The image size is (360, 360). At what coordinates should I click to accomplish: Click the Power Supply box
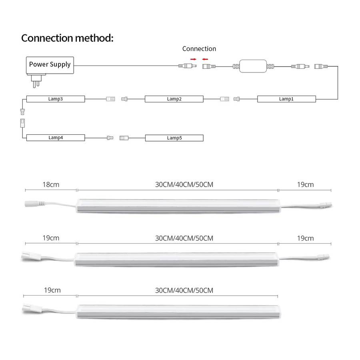pos(50,65)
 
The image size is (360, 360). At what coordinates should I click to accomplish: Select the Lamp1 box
pos(286,99)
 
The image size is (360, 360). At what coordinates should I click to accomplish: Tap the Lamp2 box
pos(174,99)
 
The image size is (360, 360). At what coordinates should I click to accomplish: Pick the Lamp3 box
pos(56,99)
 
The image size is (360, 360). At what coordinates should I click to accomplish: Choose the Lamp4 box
pos(56,138)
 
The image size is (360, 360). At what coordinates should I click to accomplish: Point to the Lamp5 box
pos(174,138)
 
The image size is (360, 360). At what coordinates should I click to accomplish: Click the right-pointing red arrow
pos(193,59)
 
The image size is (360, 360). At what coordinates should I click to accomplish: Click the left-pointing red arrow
pos(205,59)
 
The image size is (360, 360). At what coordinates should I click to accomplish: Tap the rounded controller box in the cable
pos(253,66)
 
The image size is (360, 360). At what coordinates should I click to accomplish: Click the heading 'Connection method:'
pos(67,38)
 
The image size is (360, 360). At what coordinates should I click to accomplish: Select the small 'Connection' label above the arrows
pos(199,49)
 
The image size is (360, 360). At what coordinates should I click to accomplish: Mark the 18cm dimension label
pos(51,184)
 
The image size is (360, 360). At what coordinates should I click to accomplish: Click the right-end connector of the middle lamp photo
pos(323,256)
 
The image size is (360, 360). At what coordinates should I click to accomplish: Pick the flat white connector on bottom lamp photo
pos(32,308)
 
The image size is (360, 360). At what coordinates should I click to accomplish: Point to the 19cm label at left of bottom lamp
pos(52,290)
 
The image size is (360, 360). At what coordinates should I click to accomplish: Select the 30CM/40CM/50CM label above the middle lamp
pos(184,238)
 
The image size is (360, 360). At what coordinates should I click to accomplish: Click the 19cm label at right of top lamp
pos(305,184)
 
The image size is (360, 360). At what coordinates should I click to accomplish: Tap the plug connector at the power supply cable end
pos(187,66)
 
